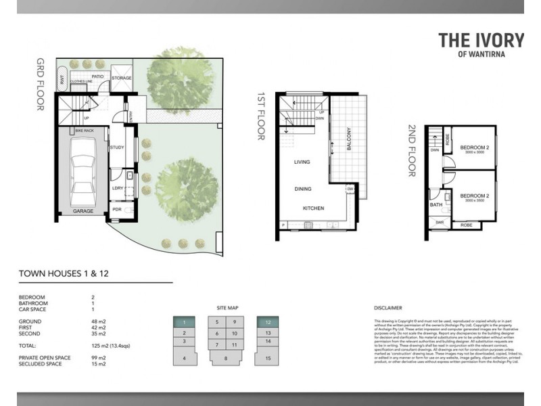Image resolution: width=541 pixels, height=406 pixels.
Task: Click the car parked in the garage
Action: point(83,173)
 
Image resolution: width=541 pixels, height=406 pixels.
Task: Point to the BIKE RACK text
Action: point(84,129)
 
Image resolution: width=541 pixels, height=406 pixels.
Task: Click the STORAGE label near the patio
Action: point(121,78)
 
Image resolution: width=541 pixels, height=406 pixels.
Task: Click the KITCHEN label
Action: point(314,208)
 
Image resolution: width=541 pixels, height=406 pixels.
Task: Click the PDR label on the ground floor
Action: point(116,210)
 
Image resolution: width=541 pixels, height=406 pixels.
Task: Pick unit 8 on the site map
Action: point(226,359)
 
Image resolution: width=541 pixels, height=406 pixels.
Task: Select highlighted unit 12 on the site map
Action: point(268,322)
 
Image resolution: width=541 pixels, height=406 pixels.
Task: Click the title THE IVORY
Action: point(481,40)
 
